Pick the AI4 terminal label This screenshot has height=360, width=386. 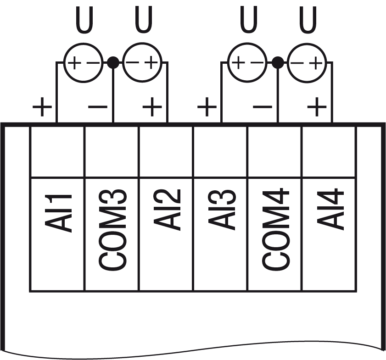pyautogui.click(x=331, y=209)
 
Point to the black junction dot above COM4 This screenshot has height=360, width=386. pyautogui.click(x=277, y=62)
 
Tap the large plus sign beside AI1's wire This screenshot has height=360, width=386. pyautogui.click(x=42, y=108)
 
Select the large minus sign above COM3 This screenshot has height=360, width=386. pyautogui.click(x=98, y=108)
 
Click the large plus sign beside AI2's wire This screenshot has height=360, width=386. pyautogui.click(x=152, y=108)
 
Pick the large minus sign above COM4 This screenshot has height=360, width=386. pyautogui.click(x=262, y=108)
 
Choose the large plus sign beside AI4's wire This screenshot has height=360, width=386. pyautogui.click(x=317, y=108)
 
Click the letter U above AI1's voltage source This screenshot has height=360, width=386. pyautogui.click(x=84, y=21)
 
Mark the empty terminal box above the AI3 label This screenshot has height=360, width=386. pyautogui.click(x=220, y=150)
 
